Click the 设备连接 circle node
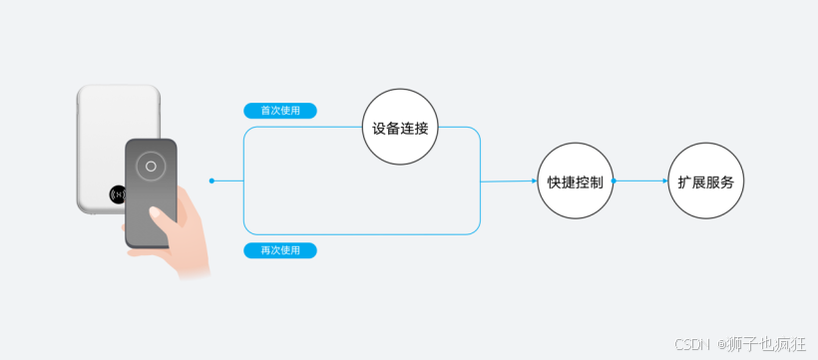399,128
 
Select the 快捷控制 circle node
575,181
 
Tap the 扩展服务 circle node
705,181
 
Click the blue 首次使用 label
280,111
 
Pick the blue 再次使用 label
280,250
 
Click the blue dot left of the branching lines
212,180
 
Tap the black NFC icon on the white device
118,193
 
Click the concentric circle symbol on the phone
150,166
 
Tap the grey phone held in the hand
150,189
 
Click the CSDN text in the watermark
689,344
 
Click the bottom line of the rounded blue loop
359,234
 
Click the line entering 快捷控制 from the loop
509,181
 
